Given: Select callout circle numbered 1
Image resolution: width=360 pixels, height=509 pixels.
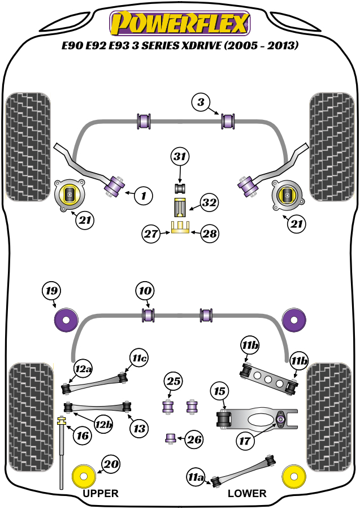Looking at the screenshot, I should click(x=144, y=196).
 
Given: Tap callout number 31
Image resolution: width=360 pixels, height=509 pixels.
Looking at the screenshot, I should click(x=180, y=157).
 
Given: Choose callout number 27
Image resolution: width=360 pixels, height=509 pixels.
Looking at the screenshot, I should click(x=151, y=233).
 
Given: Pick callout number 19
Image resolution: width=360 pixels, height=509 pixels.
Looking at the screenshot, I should click(x=51, y=292).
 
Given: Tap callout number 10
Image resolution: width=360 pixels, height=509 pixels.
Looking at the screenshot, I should click(x=145, y=292).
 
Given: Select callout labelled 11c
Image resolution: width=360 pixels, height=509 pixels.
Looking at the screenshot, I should click(x=140, y=358).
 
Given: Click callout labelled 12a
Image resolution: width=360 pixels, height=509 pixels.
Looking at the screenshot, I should click(x=83, y=370).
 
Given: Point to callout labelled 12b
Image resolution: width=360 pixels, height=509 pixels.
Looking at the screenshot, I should click(x=102, y=422).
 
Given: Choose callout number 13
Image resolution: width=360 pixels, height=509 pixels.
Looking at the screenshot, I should click(x=138, y=428).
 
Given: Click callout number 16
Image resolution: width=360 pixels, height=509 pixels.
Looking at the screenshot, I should click(x=83, y=435).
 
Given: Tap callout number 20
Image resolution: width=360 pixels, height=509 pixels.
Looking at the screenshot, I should click(x=111, y=465).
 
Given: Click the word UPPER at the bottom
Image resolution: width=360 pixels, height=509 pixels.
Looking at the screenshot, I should click(x=101, y=493).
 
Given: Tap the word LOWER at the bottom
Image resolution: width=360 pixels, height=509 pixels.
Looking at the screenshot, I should click(x=247, y=493).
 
